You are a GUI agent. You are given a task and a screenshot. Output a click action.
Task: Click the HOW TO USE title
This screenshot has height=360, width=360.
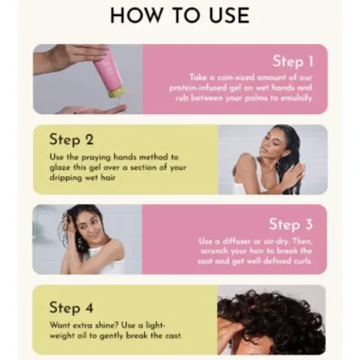click(x=180, y=15)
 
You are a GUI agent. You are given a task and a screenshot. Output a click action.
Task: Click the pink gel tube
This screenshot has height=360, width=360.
click(x=103, y=70)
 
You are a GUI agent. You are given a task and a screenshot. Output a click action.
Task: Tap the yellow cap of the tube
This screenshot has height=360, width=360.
click(x=115, y=90)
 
